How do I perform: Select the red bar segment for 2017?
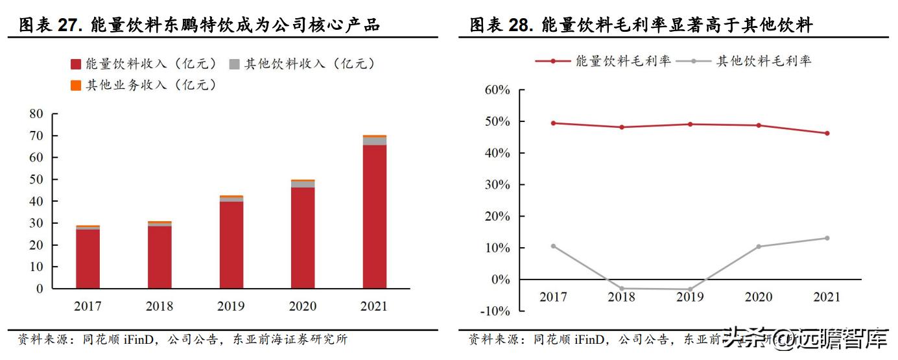click(88, 259)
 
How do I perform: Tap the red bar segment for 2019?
click(231, 245)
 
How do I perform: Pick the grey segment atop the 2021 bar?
click(374, 141)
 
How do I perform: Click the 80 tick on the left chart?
click(36, 114)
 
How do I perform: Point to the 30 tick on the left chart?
click(36, 223)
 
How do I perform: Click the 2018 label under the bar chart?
click(160, 306)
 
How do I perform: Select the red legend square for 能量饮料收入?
click(76, 64)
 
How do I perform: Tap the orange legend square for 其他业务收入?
click(76, 85)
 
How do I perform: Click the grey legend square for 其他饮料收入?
click(234, 64)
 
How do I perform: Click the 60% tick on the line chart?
click(497, 90)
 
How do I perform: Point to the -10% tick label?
click(494, 311)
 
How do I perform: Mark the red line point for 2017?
click(553, 123)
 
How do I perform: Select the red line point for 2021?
click(827, 133)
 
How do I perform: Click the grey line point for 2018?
click(621, 289)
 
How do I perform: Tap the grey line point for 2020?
click(759, 246)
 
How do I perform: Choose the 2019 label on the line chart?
click(690, 297)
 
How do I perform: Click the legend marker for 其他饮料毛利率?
click(694, 61)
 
